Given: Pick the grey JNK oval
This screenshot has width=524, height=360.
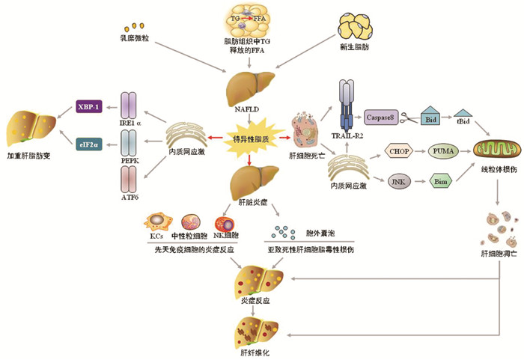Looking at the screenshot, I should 397,180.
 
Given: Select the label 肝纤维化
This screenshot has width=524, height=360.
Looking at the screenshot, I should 248,351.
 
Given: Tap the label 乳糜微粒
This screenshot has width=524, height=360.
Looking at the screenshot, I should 135,37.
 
